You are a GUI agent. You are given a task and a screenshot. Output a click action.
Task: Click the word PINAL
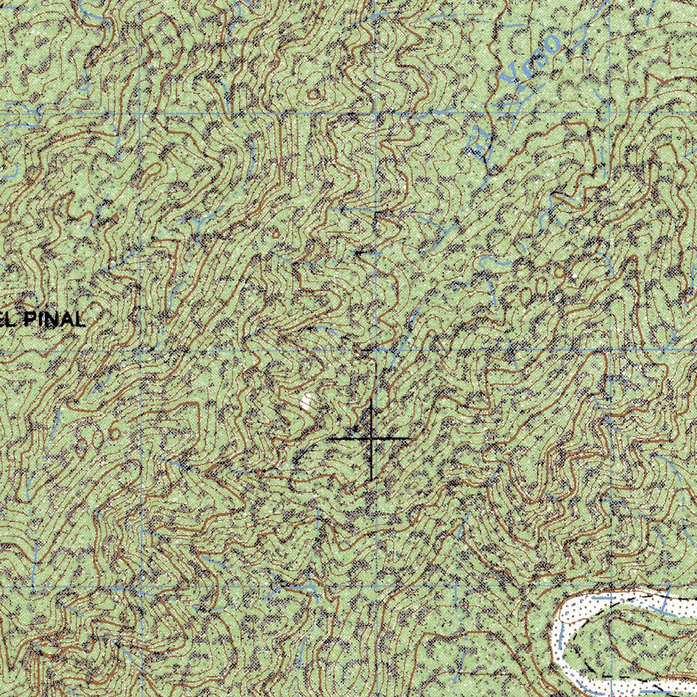[x=54, y=319]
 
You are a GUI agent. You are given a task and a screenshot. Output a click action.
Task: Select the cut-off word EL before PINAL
[x=8, y=319]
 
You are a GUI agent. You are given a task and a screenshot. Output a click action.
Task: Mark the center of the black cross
[x=371, y=439]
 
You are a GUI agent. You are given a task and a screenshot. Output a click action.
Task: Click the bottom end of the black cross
[x=371, y=479]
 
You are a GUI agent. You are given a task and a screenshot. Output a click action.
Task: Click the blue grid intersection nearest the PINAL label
[x=140, y=350]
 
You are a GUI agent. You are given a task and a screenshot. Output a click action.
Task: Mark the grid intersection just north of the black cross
[x=375, y=350]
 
